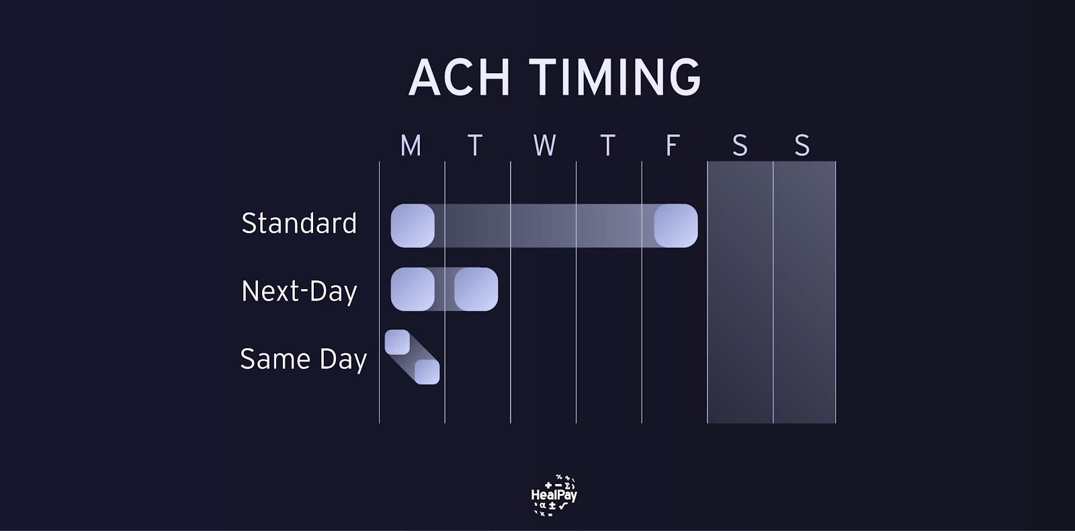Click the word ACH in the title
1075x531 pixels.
tap(459, 77)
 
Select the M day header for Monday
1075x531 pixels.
tap(411, 145)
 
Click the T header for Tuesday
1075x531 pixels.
tap(475, 145)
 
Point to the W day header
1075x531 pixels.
tap(545, 145)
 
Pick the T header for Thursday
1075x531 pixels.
tap(608, 145)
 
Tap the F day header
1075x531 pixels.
tap(673, 145)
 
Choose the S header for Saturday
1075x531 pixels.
tap(740, 145)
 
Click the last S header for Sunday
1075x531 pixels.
tap(802, 145)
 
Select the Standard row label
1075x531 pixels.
tap(299, 223)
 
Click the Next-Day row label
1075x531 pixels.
tap(299, 291)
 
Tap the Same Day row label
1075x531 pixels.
tap(303, 359)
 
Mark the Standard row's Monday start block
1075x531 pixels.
tap(413, 226)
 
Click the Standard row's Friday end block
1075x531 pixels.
tap(676, 226)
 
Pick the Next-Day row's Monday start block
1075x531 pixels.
tap(413, 289)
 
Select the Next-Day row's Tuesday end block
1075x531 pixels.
tap(476, 289)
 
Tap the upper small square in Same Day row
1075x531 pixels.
tap(397, 342)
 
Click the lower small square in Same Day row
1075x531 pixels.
tap(427, 372)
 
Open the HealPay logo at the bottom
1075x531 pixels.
tap(554, 495)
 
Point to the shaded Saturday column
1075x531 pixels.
tap(740, 292)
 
